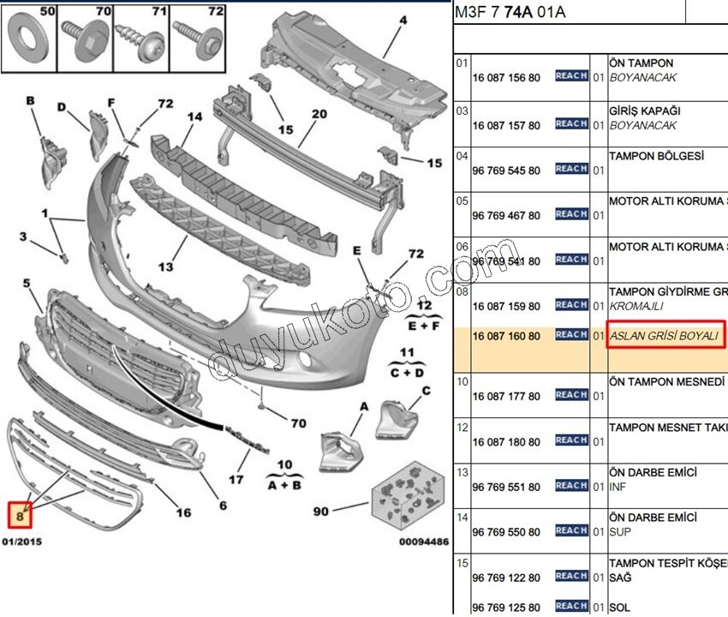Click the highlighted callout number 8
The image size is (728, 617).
click(x=18, y=515)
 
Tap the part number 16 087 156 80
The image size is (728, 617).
click(x=506, y=77)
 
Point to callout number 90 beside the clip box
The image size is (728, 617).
click(x=320, y=512)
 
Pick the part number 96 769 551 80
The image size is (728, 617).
click(x=506, y=487)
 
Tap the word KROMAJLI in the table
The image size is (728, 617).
click(x=636, y=306)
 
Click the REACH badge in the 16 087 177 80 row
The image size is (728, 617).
click(x=570, y=395)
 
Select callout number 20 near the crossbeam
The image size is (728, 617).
click(x=319, y=114)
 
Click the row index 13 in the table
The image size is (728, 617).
click(x=462, y=471)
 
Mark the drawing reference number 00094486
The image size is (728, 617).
click(x=423, y=542)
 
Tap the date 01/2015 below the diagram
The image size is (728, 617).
click(x=22, y=542)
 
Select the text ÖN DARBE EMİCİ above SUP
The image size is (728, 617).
click(x=652, y=518)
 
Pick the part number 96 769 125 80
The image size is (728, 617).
click(x=506, y=608)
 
